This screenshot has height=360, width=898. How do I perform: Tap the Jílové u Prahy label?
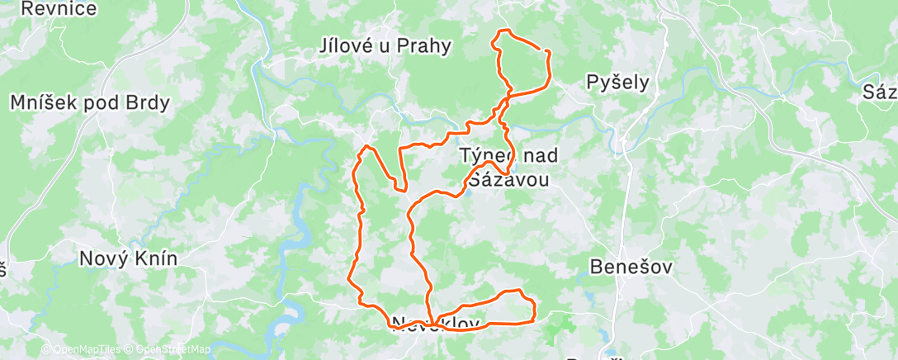[385, 45]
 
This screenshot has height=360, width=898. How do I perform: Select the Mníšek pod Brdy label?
[90, 103]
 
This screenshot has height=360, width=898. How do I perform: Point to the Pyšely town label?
[617, 82]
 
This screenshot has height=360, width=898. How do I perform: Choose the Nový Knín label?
[128, 258]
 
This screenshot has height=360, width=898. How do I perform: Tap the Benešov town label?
[631, 267]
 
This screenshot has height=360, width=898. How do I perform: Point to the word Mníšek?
[45, 103]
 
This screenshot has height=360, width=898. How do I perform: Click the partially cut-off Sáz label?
[880, 92]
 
